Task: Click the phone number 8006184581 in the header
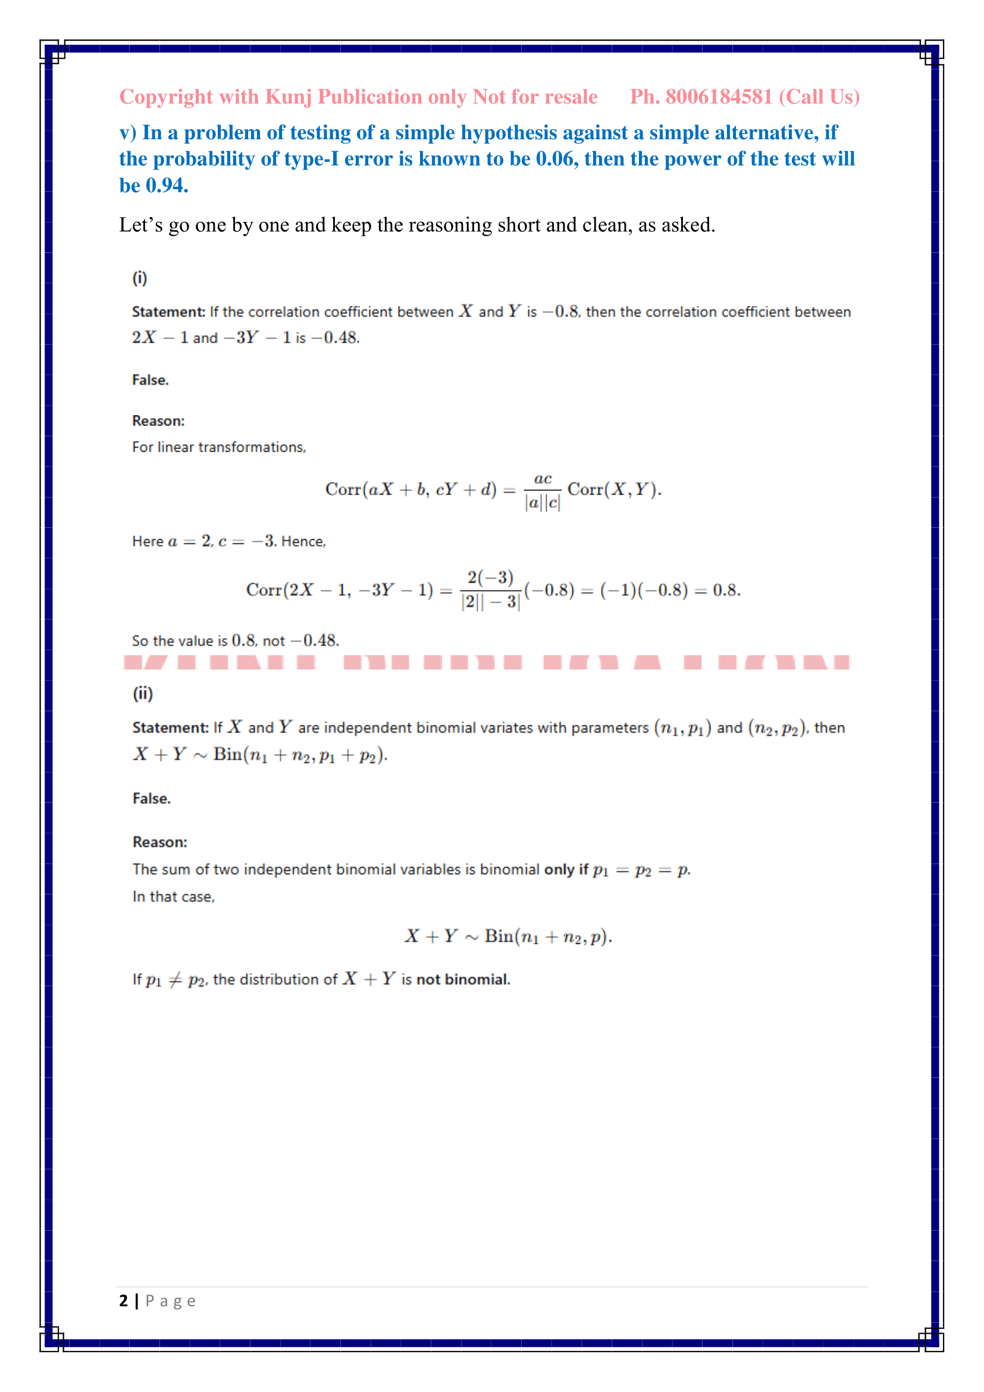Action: (x=719, y=97)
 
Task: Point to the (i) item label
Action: (x=140, y=279)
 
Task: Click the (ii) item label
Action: (x=143, y=693)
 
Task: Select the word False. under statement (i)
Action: (x=151, y=380)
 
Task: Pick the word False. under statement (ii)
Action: (x=152, y=799)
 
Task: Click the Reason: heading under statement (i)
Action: (x=158, y=421)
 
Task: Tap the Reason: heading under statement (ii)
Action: (x=160, y=842)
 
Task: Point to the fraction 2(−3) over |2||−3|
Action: (x=490, y=590)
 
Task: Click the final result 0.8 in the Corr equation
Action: (x=726, y=590)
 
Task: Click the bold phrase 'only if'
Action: (x=566, y=870)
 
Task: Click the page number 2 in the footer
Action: (x=124, y=1301)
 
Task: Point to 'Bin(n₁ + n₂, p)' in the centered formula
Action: (x=548, y=937)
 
